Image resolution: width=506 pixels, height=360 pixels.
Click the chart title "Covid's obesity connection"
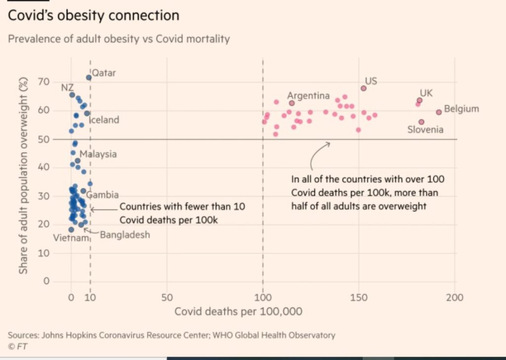93,15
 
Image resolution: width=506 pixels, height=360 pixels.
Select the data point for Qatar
89,78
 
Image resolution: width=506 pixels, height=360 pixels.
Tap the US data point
364,88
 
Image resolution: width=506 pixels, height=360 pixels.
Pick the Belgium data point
439,112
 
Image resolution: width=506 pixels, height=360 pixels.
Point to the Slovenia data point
422,122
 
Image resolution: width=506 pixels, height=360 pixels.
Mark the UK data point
420,100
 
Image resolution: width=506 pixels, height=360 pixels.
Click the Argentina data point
292,103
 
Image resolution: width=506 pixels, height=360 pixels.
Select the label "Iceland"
104,120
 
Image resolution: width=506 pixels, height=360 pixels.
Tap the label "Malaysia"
98,154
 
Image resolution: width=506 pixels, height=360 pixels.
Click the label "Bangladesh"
125,235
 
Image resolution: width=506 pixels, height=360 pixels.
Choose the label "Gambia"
103,195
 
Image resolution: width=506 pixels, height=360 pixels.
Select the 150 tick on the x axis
359,298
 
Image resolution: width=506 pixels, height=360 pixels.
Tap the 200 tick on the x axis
455,298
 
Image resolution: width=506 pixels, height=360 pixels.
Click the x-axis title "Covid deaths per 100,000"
238,312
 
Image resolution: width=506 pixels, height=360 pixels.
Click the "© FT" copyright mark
18,346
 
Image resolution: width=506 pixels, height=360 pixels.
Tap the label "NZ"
68,87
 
